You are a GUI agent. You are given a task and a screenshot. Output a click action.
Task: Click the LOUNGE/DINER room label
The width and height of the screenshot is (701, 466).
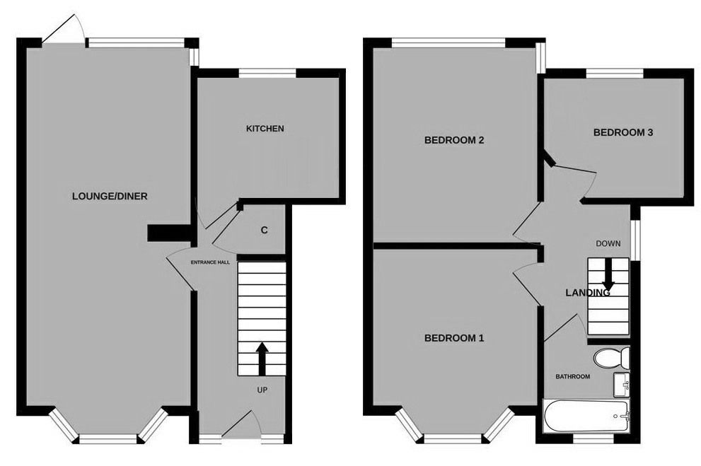(110, 196)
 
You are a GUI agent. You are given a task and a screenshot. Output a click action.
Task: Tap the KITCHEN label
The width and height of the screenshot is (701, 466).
(265, 129)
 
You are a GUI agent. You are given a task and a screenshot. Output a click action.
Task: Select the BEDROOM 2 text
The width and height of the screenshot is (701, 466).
(453, 140)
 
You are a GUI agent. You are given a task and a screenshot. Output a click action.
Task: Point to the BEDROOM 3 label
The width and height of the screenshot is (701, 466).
(622, 132)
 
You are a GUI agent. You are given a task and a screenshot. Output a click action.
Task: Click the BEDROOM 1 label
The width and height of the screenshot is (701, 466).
(453, 338)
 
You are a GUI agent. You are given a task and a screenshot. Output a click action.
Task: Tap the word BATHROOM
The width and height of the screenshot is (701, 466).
(573, 377)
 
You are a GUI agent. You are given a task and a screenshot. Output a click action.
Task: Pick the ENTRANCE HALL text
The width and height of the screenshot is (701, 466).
(210, 262)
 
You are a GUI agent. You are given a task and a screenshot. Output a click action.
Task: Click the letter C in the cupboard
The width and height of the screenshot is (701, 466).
(265, 230)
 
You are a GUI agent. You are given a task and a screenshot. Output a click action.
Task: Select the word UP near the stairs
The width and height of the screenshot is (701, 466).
(262, 390)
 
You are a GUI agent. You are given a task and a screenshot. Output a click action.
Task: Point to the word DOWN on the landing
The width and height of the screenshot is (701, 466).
(608, 243)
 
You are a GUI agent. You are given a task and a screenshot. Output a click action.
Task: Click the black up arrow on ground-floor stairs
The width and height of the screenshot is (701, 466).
(262, 359)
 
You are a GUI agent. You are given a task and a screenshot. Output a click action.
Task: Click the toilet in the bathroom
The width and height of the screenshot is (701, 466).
(612, 357)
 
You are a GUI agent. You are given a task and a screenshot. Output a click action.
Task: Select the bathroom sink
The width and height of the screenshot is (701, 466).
(622, 385)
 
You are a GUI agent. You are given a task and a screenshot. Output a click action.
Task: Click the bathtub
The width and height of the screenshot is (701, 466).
(586, 416)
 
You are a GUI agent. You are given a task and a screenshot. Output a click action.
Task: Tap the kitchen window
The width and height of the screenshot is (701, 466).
(267, 74)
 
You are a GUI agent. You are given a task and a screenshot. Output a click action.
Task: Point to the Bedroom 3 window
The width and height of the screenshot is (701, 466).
(614, 74)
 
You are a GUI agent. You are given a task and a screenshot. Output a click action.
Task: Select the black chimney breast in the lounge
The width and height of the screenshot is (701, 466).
(170, 233)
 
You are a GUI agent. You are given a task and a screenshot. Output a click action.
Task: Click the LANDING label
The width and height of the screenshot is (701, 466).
(587, 293)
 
